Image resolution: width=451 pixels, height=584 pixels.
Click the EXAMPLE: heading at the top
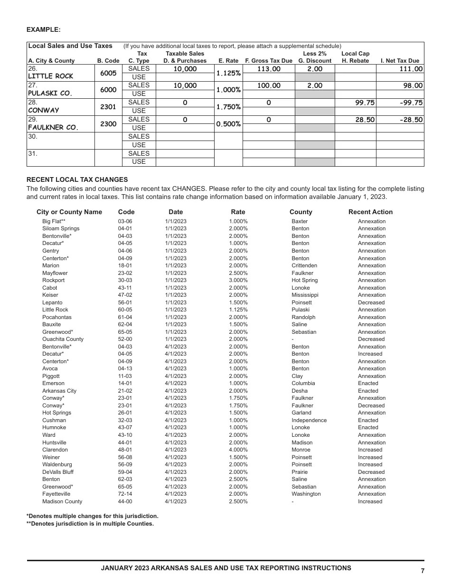click(43, 29)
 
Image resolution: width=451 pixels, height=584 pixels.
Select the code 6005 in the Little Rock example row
click(108, 73)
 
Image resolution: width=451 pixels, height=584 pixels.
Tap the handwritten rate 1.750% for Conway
click(228, 107)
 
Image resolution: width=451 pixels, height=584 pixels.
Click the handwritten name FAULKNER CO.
click(53, 128)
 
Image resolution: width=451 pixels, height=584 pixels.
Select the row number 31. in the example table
click(33, 154)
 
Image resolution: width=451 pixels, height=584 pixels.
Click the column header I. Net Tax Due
click(400, 61)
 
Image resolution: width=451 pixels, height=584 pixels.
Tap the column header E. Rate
click(228, 61)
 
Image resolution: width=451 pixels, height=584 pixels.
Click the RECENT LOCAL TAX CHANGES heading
click(77, 179)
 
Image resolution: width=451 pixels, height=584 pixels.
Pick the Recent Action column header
click(370, 212)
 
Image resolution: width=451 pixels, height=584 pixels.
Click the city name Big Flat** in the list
click(54, 221)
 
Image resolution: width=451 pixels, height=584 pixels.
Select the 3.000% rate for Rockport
click(238, 280)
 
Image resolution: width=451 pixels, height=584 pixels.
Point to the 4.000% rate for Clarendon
click(238, 450)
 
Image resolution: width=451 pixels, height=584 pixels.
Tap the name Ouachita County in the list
click(63, 339)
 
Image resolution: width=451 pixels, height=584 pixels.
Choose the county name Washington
click(306, 494)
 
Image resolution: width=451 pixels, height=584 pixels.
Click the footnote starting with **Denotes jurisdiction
click(90, 524)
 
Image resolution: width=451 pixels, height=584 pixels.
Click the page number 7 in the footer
click(423, 571)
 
